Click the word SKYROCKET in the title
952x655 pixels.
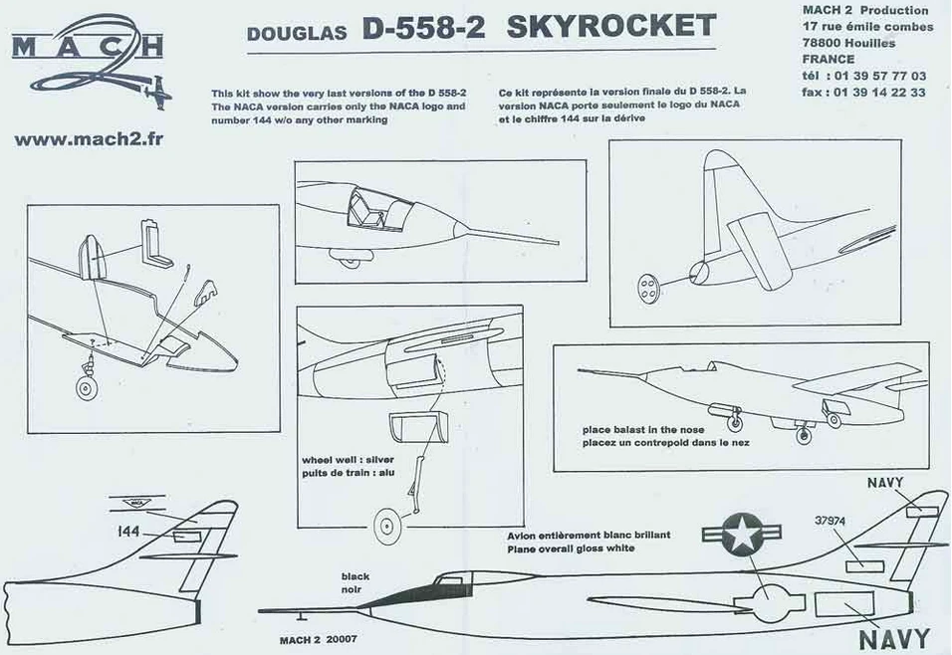(x=610, y=28)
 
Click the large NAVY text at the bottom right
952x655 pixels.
(x=893, y=638)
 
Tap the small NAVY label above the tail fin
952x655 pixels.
(x=885, y=483)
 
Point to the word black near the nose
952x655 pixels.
(x=356, y=576)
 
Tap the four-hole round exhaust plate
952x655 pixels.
(x=648, y=286)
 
